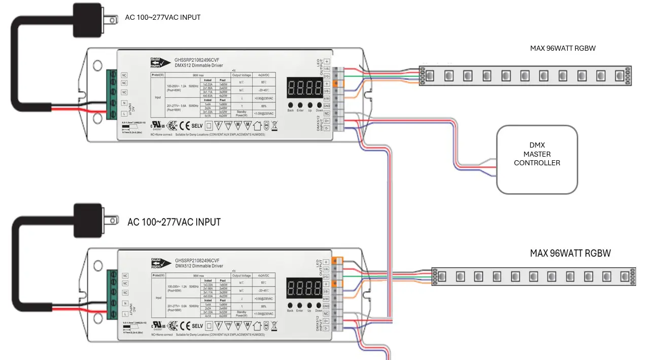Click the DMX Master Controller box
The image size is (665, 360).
click(x=537, y=159)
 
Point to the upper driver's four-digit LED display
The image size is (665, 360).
click(x=305, y=88)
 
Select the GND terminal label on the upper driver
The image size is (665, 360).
click(x=327, y=106)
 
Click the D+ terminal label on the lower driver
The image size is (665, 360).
click(x=327, y=321)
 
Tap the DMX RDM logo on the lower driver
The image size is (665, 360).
click(x=158, y=263)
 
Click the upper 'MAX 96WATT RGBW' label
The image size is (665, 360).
click(x=563, y=48)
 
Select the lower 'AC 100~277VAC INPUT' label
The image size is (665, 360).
click(x=174, y=222)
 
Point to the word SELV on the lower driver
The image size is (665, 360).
click(x=197, y=326)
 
